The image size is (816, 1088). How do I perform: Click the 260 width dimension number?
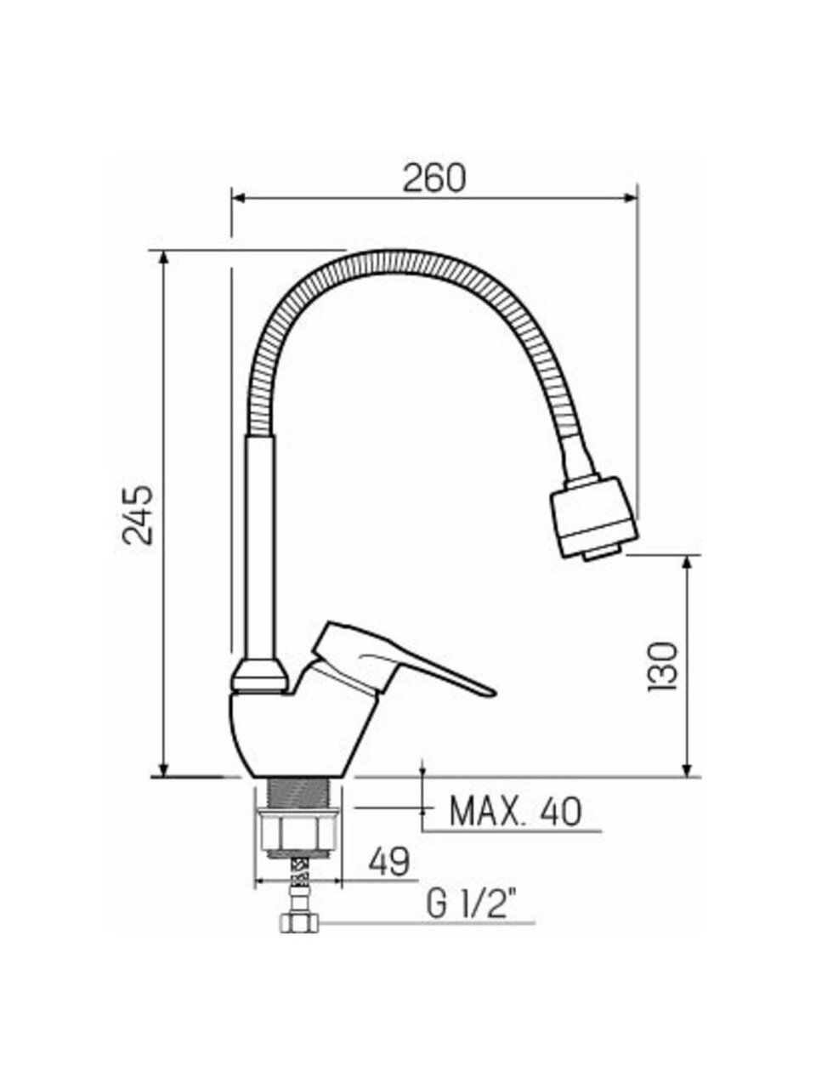[434, 178]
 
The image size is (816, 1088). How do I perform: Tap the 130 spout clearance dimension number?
[662, 666]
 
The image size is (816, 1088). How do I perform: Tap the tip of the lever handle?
[494, 690]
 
